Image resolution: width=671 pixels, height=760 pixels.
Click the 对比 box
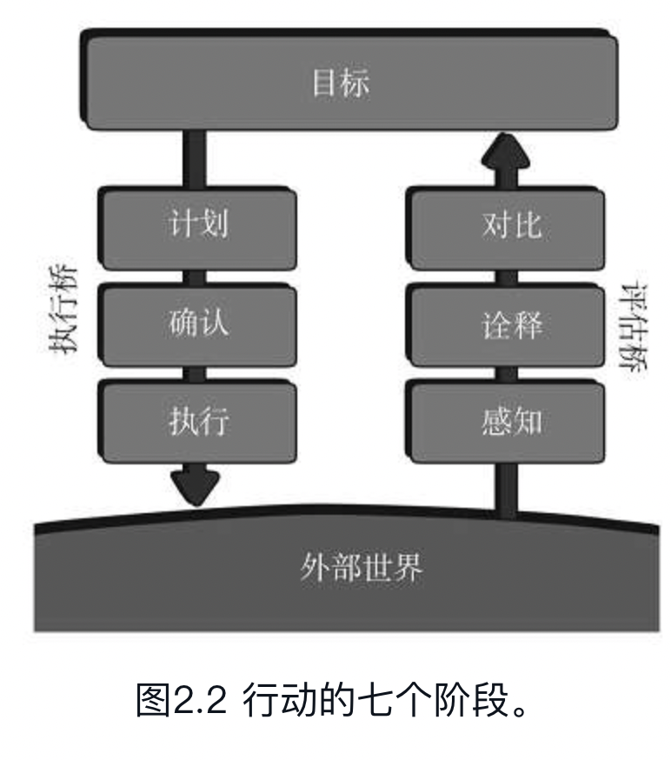511,224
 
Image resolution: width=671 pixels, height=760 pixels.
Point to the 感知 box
511,422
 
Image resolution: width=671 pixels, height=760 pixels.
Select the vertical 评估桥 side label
635,326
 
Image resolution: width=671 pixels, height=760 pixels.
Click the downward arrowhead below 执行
195,487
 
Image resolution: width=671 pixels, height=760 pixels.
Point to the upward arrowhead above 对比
506,151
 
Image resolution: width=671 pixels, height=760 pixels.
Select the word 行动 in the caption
272,701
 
